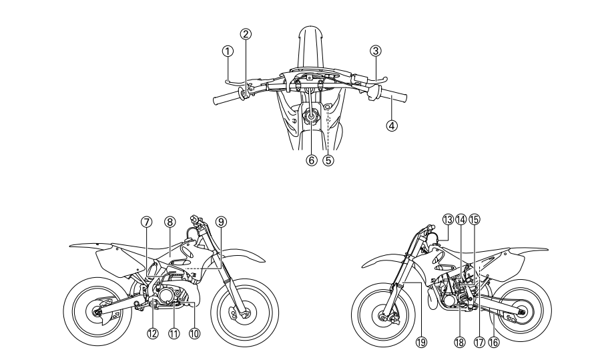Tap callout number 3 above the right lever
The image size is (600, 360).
tap(376, 49)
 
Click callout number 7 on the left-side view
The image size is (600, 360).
tap(147, 221)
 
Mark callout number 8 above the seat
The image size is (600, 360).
tap(170, 221)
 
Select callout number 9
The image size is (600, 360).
tap(220, 221)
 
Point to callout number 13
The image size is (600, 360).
tap(447, 218)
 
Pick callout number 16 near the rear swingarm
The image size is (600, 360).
tap(493, 341)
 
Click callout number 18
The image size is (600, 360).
tap(459, 341)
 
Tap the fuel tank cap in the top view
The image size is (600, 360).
tap(312, 116)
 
